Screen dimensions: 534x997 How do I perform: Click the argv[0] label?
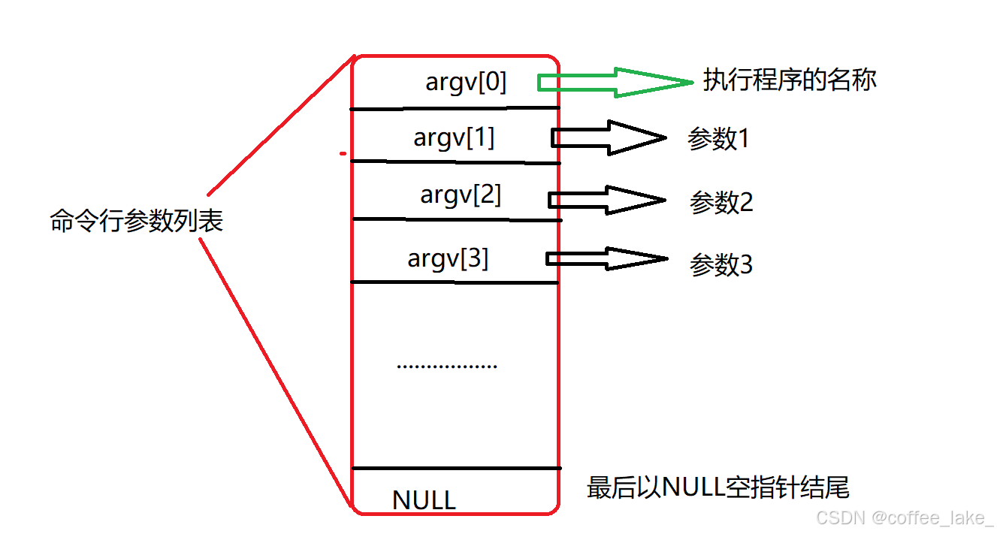point(466,82)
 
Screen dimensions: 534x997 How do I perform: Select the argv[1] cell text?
point(454,138)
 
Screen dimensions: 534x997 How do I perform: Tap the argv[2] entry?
point(461,195)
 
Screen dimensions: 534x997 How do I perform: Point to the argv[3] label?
point(448,259)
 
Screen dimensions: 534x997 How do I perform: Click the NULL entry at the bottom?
point(424,500)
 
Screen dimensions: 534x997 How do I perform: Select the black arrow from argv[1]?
point(609,137)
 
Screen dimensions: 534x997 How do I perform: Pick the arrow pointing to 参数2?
point(607,200)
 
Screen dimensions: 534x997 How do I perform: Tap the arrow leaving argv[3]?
point(607,258)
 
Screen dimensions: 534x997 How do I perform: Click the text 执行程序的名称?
point(790,80)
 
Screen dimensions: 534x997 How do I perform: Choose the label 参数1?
point(718,140)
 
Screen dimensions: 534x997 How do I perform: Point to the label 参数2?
point(721,203)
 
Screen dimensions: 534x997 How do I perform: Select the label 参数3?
point(721,265)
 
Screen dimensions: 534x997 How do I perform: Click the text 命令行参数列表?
point(137,221)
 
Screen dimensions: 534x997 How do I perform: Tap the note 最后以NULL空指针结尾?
point(718,488)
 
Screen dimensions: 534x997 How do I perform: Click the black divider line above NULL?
point(455,469)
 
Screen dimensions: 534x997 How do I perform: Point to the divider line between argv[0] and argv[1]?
point(455,108)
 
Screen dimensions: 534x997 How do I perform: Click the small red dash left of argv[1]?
point(343,155)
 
